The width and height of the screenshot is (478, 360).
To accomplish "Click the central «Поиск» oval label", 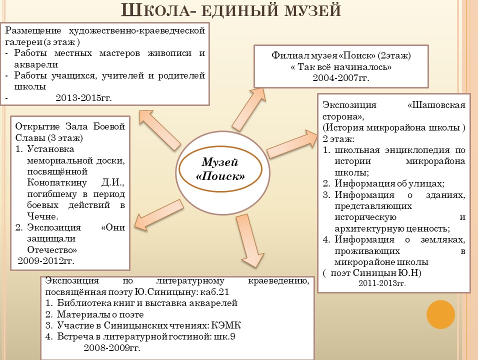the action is [x=220, y=169].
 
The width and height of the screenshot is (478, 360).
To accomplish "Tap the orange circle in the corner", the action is [x=440, y=314].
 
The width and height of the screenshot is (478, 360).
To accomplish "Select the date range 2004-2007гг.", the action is [x=341, y=78].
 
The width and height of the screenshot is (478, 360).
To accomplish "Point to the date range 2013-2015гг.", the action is [x=84, y=98].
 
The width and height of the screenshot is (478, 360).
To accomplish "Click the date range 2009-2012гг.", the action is [x=46, y=261].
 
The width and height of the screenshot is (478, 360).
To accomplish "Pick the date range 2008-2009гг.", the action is [x=112, y=348].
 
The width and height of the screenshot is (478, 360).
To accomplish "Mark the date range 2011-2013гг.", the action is [x=382, y=283].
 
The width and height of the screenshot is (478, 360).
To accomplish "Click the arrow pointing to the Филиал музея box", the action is [x=248, y=109].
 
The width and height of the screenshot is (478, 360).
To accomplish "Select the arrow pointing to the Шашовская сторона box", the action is [x=292, y=143].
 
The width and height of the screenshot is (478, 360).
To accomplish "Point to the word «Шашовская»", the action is [x=436, y=105].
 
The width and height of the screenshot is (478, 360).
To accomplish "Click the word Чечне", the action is [x=42, y=216].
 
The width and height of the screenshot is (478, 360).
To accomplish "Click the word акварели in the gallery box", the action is [x=36, y=64].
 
